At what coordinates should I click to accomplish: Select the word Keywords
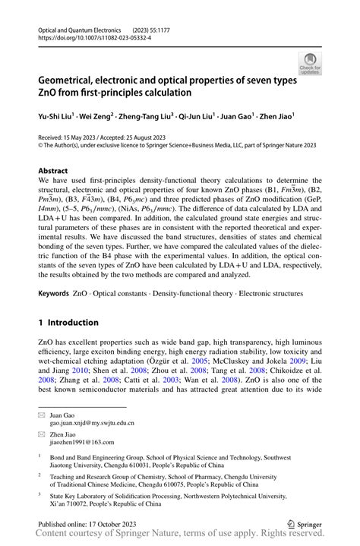(55, 292)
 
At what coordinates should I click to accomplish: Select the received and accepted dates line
(112, 139)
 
